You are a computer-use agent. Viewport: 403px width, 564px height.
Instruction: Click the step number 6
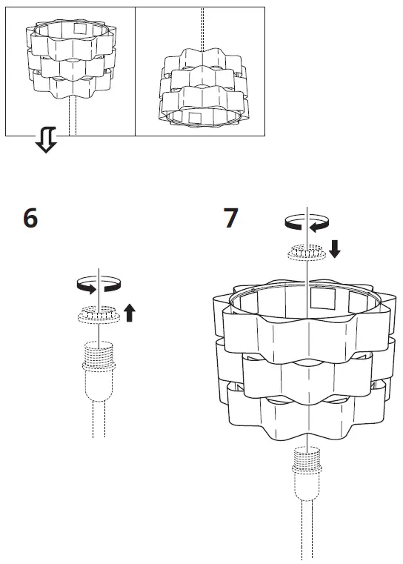tap(30, 219)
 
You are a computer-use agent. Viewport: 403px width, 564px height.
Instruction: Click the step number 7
tap(231, 219)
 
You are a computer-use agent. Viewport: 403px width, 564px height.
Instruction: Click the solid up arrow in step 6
tap(130, 313)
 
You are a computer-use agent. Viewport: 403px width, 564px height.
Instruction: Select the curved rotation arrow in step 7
tap(306, 222)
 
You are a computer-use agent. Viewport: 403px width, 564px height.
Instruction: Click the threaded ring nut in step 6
tap(98, 314)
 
